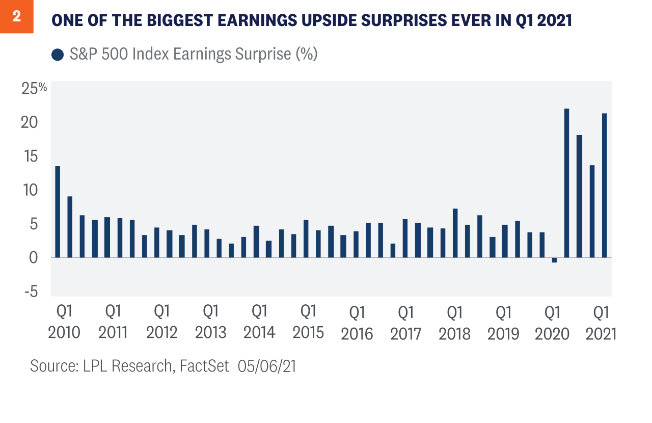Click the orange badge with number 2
(x=16, y=17)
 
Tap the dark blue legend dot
(x=58, y=54)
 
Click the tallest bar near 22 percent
(x=566, y=183)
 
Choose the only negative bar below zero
(x=554, y=260)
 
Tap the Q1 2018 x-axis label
(x=454, y=322)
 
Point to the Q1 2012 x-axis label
(x=162, y=321)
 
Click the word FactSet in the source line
(x=204, y=366)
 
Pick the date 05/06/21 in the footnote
(x=267, y=366)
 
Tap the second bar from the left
(x=70, y=227)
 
